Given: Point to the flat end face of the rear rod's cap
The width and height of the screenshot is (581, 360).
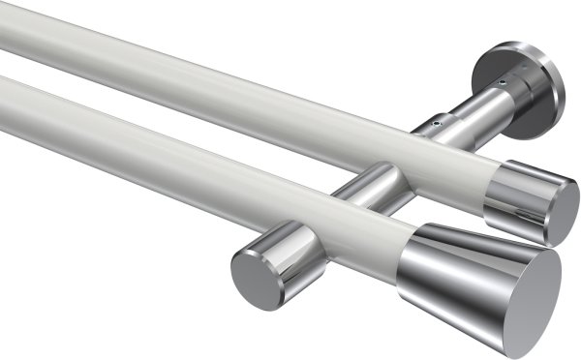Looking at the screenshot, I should click(563, 213).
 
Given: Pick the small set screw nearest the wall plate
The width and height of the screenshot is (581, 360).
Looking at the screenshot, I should click(503, 84).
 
